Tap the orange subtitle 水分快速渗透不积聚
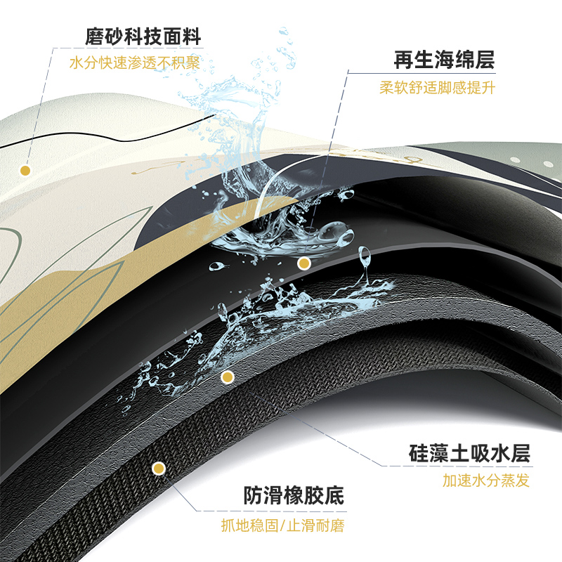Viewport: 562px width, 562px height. pyautogui.click(x=135, y=63)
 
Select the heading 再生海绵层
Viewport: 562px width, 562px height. pyautogui.click(x=444, y=60)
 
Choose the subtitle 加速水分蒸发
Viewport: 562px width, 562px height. pyautogui.click(x=486, y=481)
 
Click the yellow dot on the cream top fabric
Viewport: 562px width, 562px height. pyautogui.click(x=25, y=170)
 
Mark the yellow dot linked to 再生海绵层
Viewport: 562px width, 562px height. pyautogui.click(x=304, y=263)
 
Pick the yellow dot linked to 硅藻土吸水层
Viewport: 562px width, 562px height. pyautogui.click(x=227, y=378)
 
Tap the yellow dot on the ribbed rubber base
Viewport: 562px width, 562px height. pyautogui.click(x=159, y=468)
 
